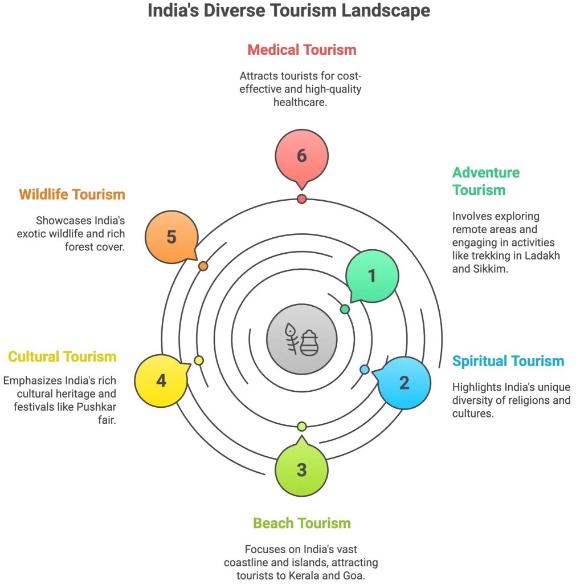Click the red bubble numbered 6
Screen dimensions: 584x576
(x=301, y=155)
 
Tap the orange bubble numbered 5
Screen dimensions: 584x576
(x=171, y=237)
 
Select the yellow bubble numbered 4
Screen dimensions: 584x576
(x=161, y=380)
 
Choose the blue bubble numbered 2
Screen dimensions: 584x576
(x=404, y=382)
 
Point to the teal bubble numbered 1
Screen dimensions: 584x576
(x=372, y=276)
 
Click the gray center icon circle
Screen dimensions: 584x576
(x=301, y=340)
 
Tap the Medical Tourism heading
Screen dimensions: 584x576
(x=301, y=50)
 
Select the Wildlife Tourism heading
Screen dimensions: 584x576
(x=72, y=194)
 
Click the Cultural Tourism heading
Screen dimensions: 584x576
(x=62, y=357)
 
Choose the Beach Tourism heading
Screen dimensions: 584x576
(x=301, y=523)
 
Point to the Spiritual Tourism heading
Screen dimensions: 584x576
(x=508, y=361)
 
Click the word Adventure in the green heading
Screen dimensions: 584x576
(x=486, y=172)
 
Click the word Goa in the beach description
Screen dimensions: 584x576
(x=367, y=575)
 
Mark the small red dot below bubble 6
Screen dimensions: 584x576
(x=301, y=199)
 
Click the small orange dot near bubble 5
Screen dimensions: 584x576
(x=203, y=266)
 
